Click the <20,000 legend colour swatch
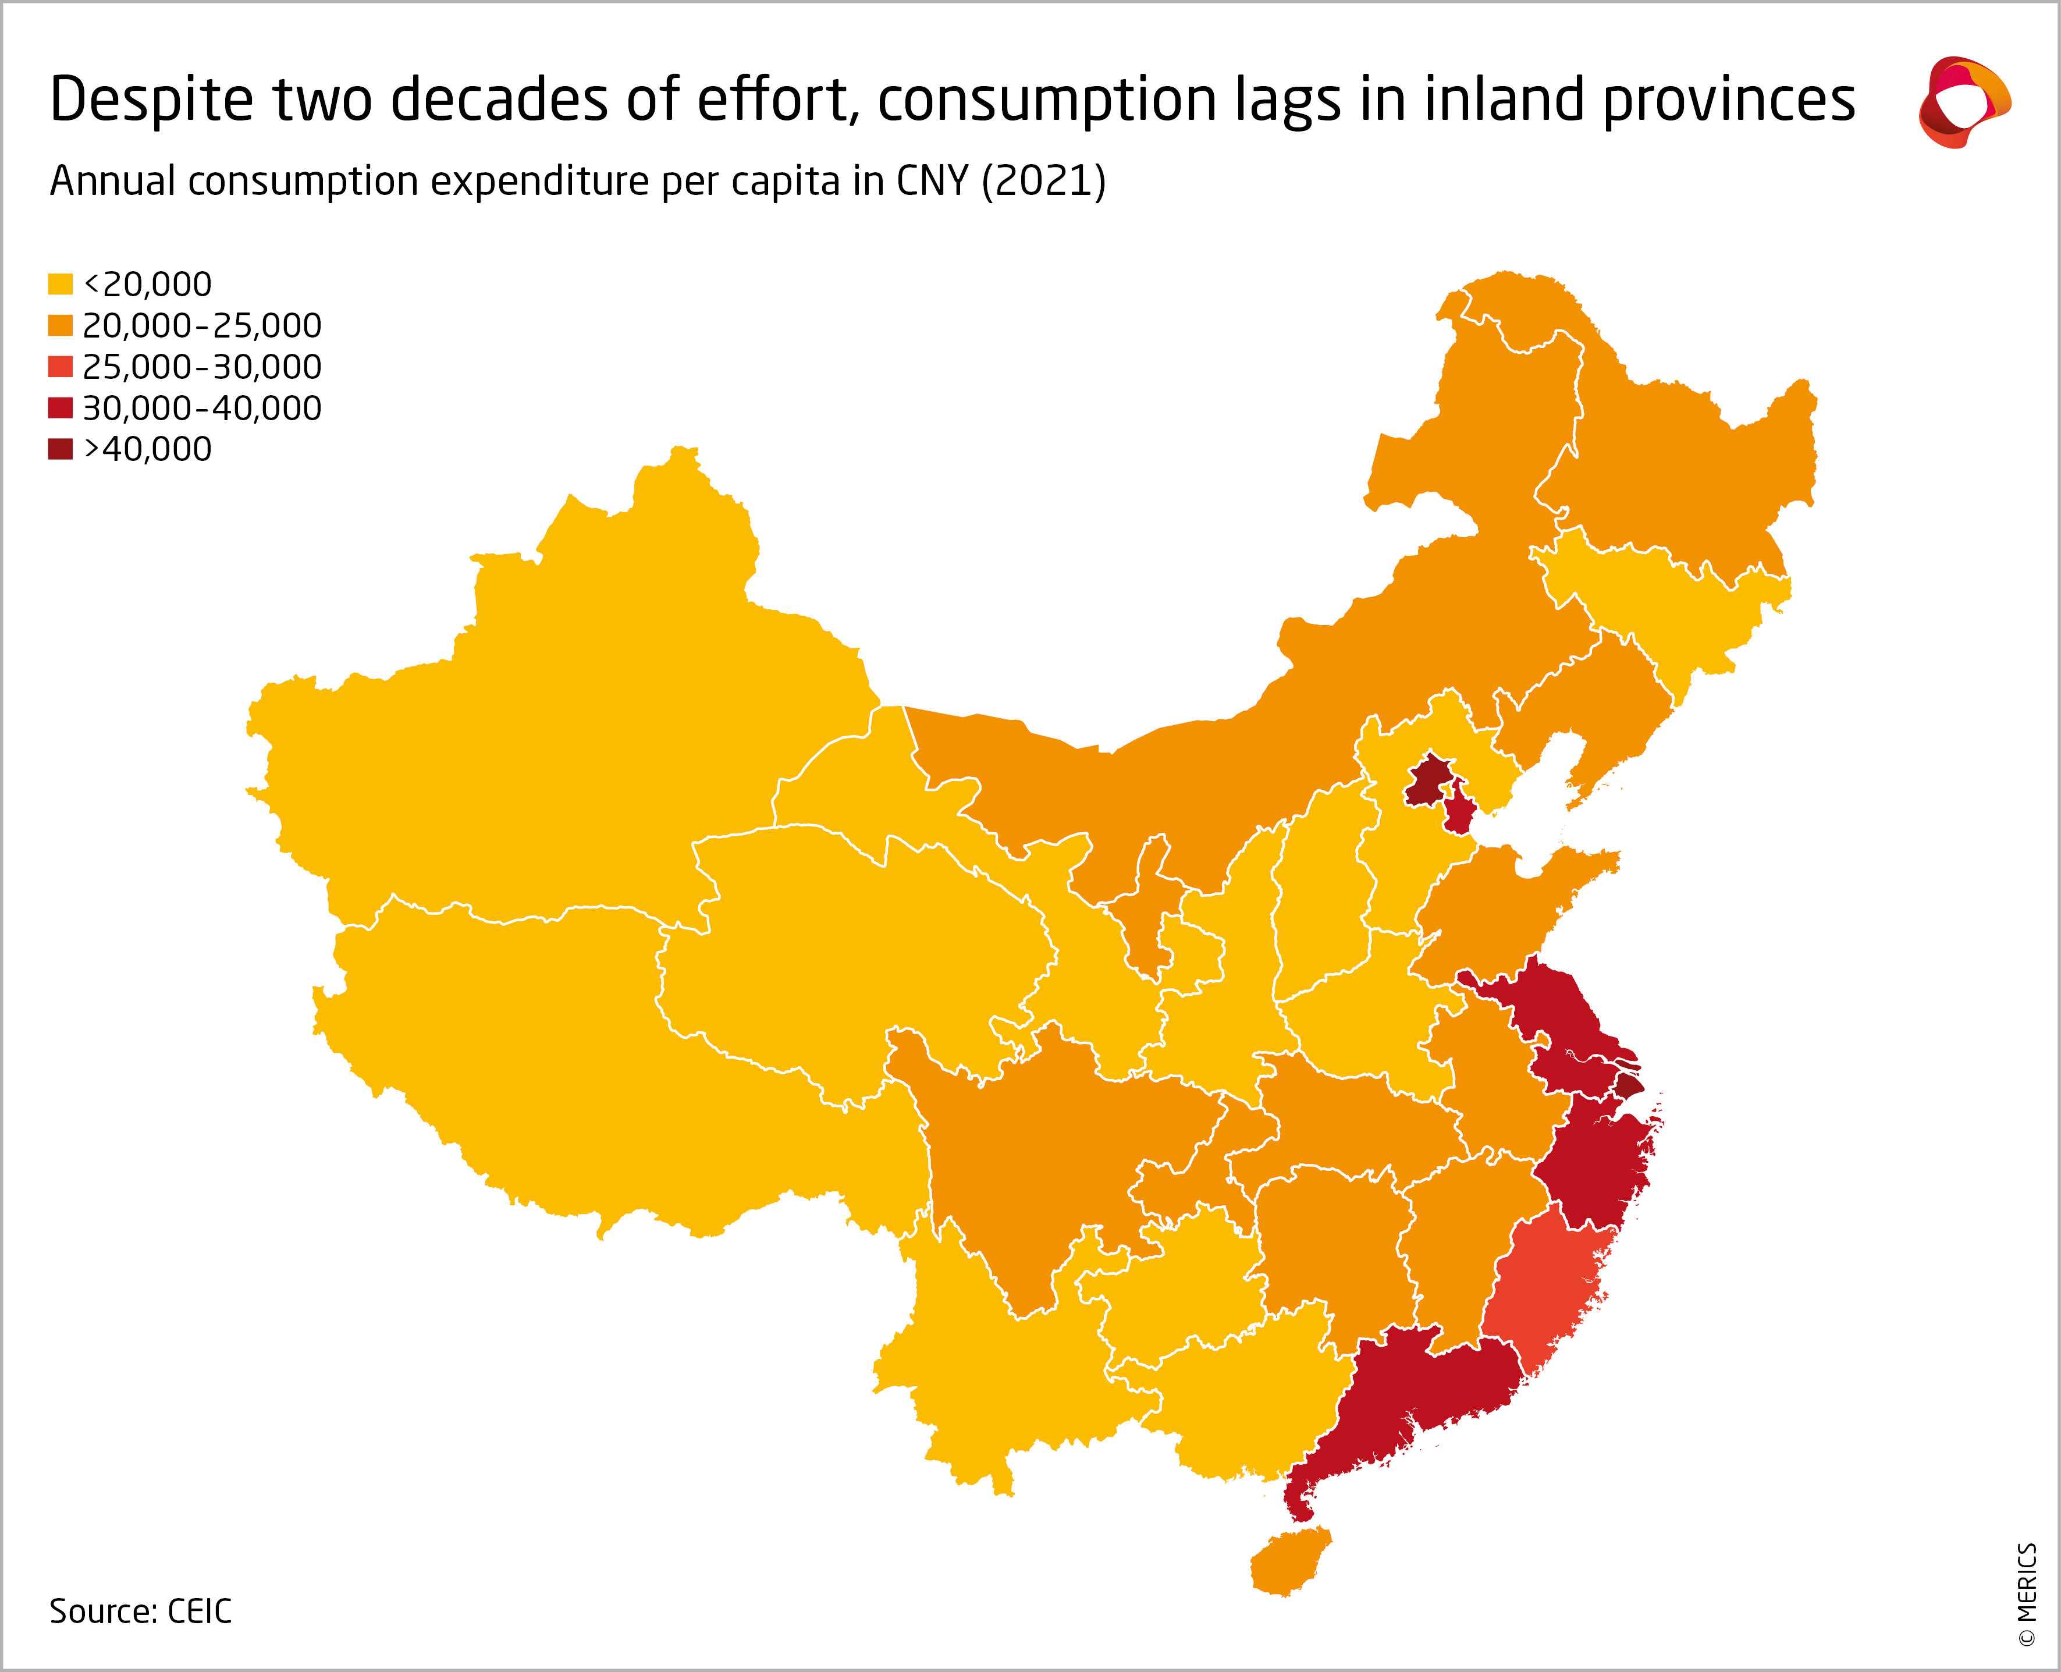click(x=60, y=284)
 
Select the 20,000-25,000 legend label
click(x=201, y=325)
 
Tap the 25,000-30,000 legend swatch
click(x=60, y=367)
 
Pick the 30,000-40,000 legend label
click(x=201, y=409)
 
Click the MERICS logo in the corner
click(x=1964, y=102)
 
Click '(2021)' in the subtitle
click(x=1043, y=181)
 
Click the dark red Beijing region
click(x=1429, y=780)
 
